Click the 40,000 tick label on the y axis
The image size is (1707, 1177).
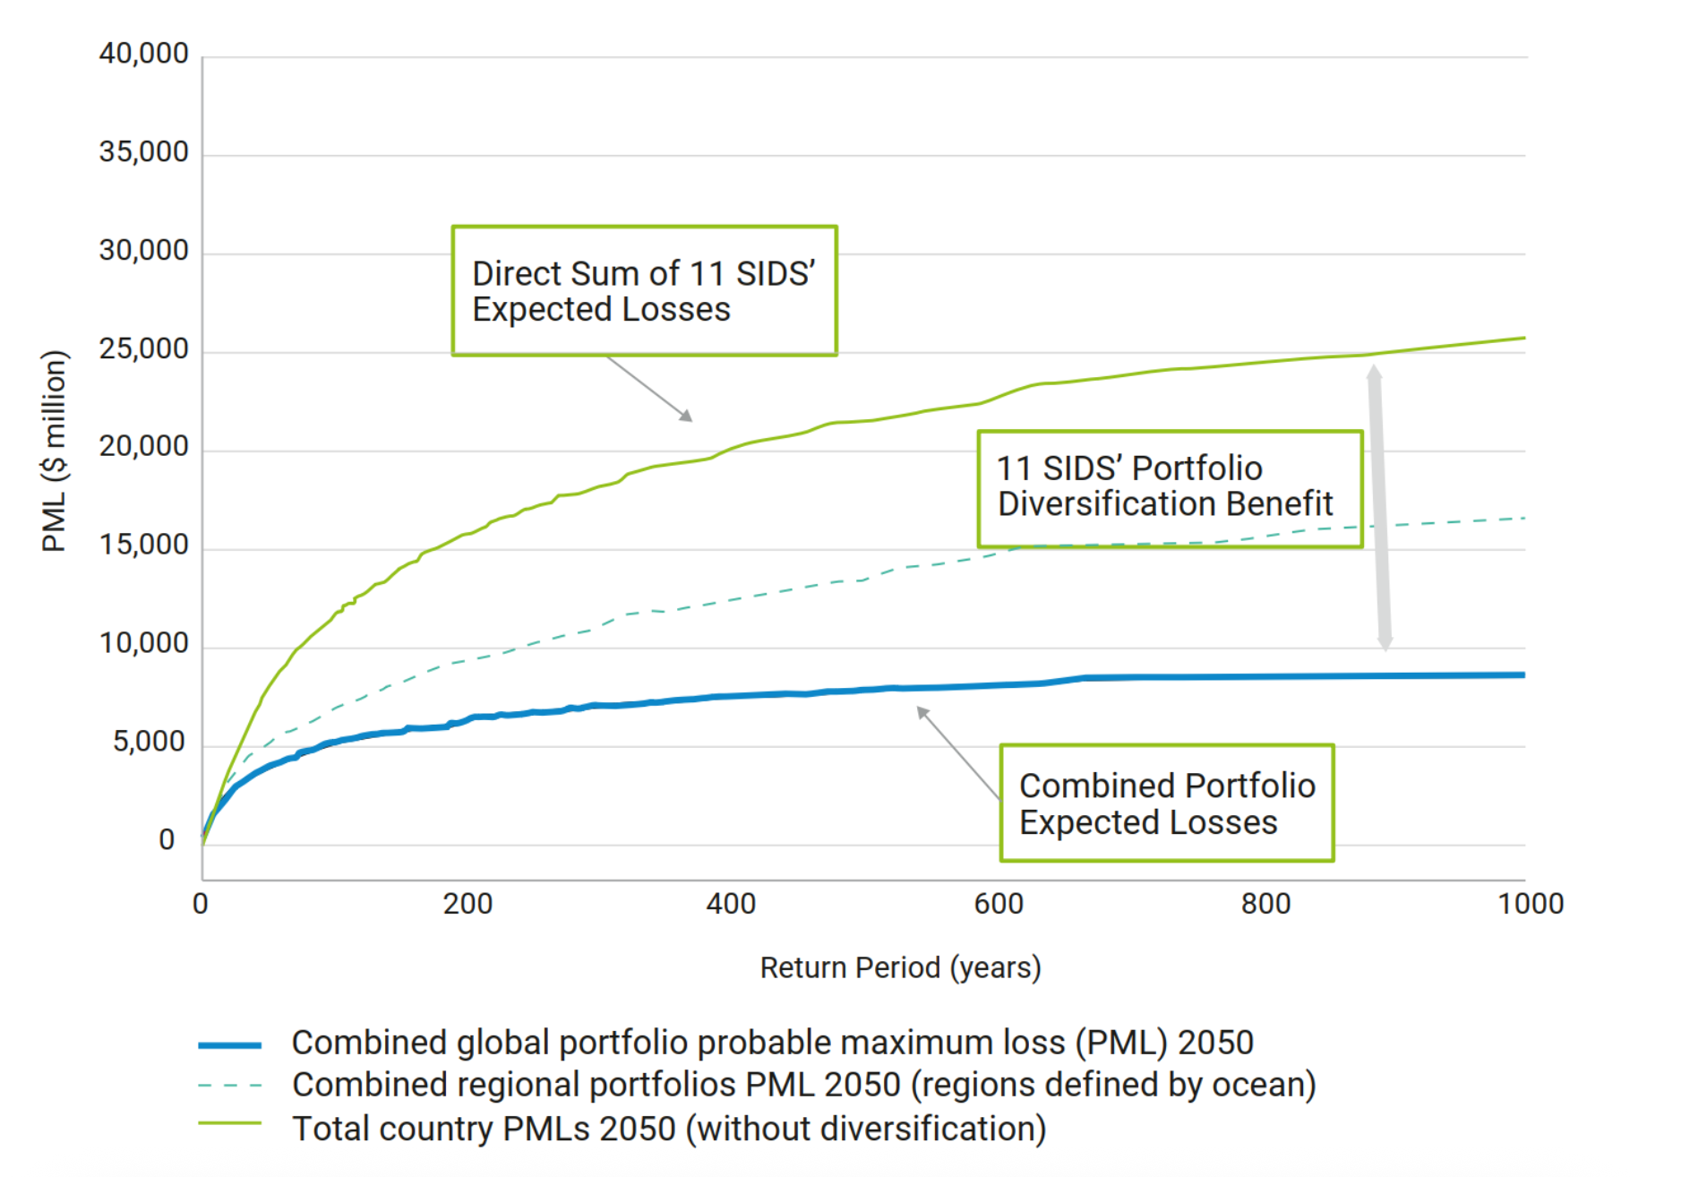143,54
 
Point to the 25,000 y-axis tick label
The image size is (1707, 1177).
143,348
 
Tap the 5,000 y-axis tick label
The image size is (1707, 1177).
149,742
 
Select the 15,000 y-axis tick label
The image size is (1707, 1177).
143,545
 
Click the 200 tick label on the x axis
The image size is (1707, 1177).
467,904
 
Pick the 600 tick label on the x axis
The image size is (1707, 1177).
999,904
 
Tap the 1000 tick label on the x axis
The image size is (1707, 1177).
1530,904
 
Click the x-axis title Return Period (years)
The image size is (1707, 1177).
900,968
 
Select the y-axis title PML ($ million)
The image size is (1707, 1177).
54,451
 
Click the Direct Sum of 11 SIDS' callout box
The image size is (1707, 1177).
644,291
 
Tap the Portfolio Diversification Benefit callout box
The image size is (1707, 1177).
1170,488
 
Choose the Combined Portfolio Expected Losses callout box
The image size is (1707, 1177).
1166,803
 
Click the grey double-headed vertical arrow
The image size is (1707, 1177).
1379,507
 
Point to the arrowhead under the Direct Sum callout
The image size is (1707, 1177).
687,416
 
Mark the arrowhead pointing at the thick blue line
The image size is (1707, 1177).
922,712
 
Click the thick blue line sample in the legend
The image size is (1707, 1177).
229,1044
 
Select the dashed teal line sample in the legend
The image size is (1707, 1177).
229,1086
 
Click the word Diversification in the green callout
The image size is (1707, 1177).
1108,504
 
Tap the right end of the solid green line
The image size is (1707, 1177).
1523,339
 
